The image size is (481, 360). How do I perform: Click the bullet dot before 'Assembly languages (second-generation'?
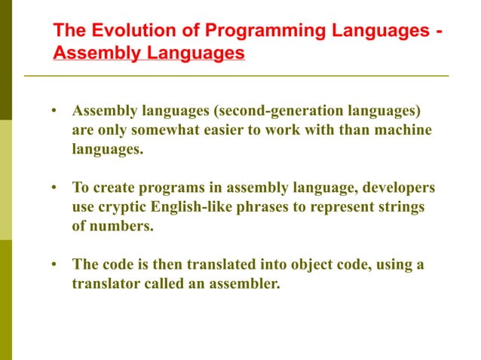pos(54,112)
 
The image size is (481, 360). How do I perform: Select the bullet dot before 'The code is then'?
pos(54,265)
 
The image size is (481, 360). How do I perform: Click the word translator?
pos(103,284)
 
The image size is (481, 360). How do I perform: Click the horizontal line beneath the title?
pos(236,76)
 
